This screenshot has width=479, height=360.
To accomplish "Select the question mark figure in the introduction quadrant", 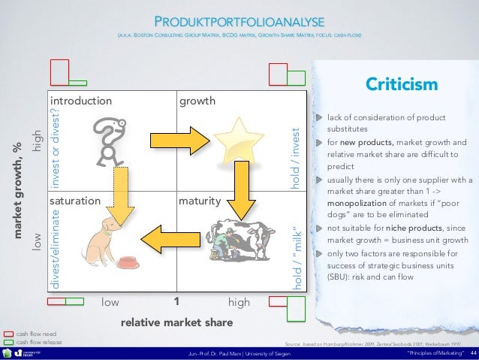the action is coord(107,140).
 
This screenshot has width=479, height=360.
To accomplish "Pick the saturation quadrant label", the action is coord(74,201).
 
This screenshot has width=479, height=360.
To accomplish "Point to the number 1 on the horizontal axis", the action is coord(176,302).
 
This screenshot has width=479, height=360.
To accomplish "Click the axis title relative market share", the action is coord(176,322).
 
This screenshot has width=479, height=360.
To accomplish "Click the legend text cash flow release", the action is coord(38,341).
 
